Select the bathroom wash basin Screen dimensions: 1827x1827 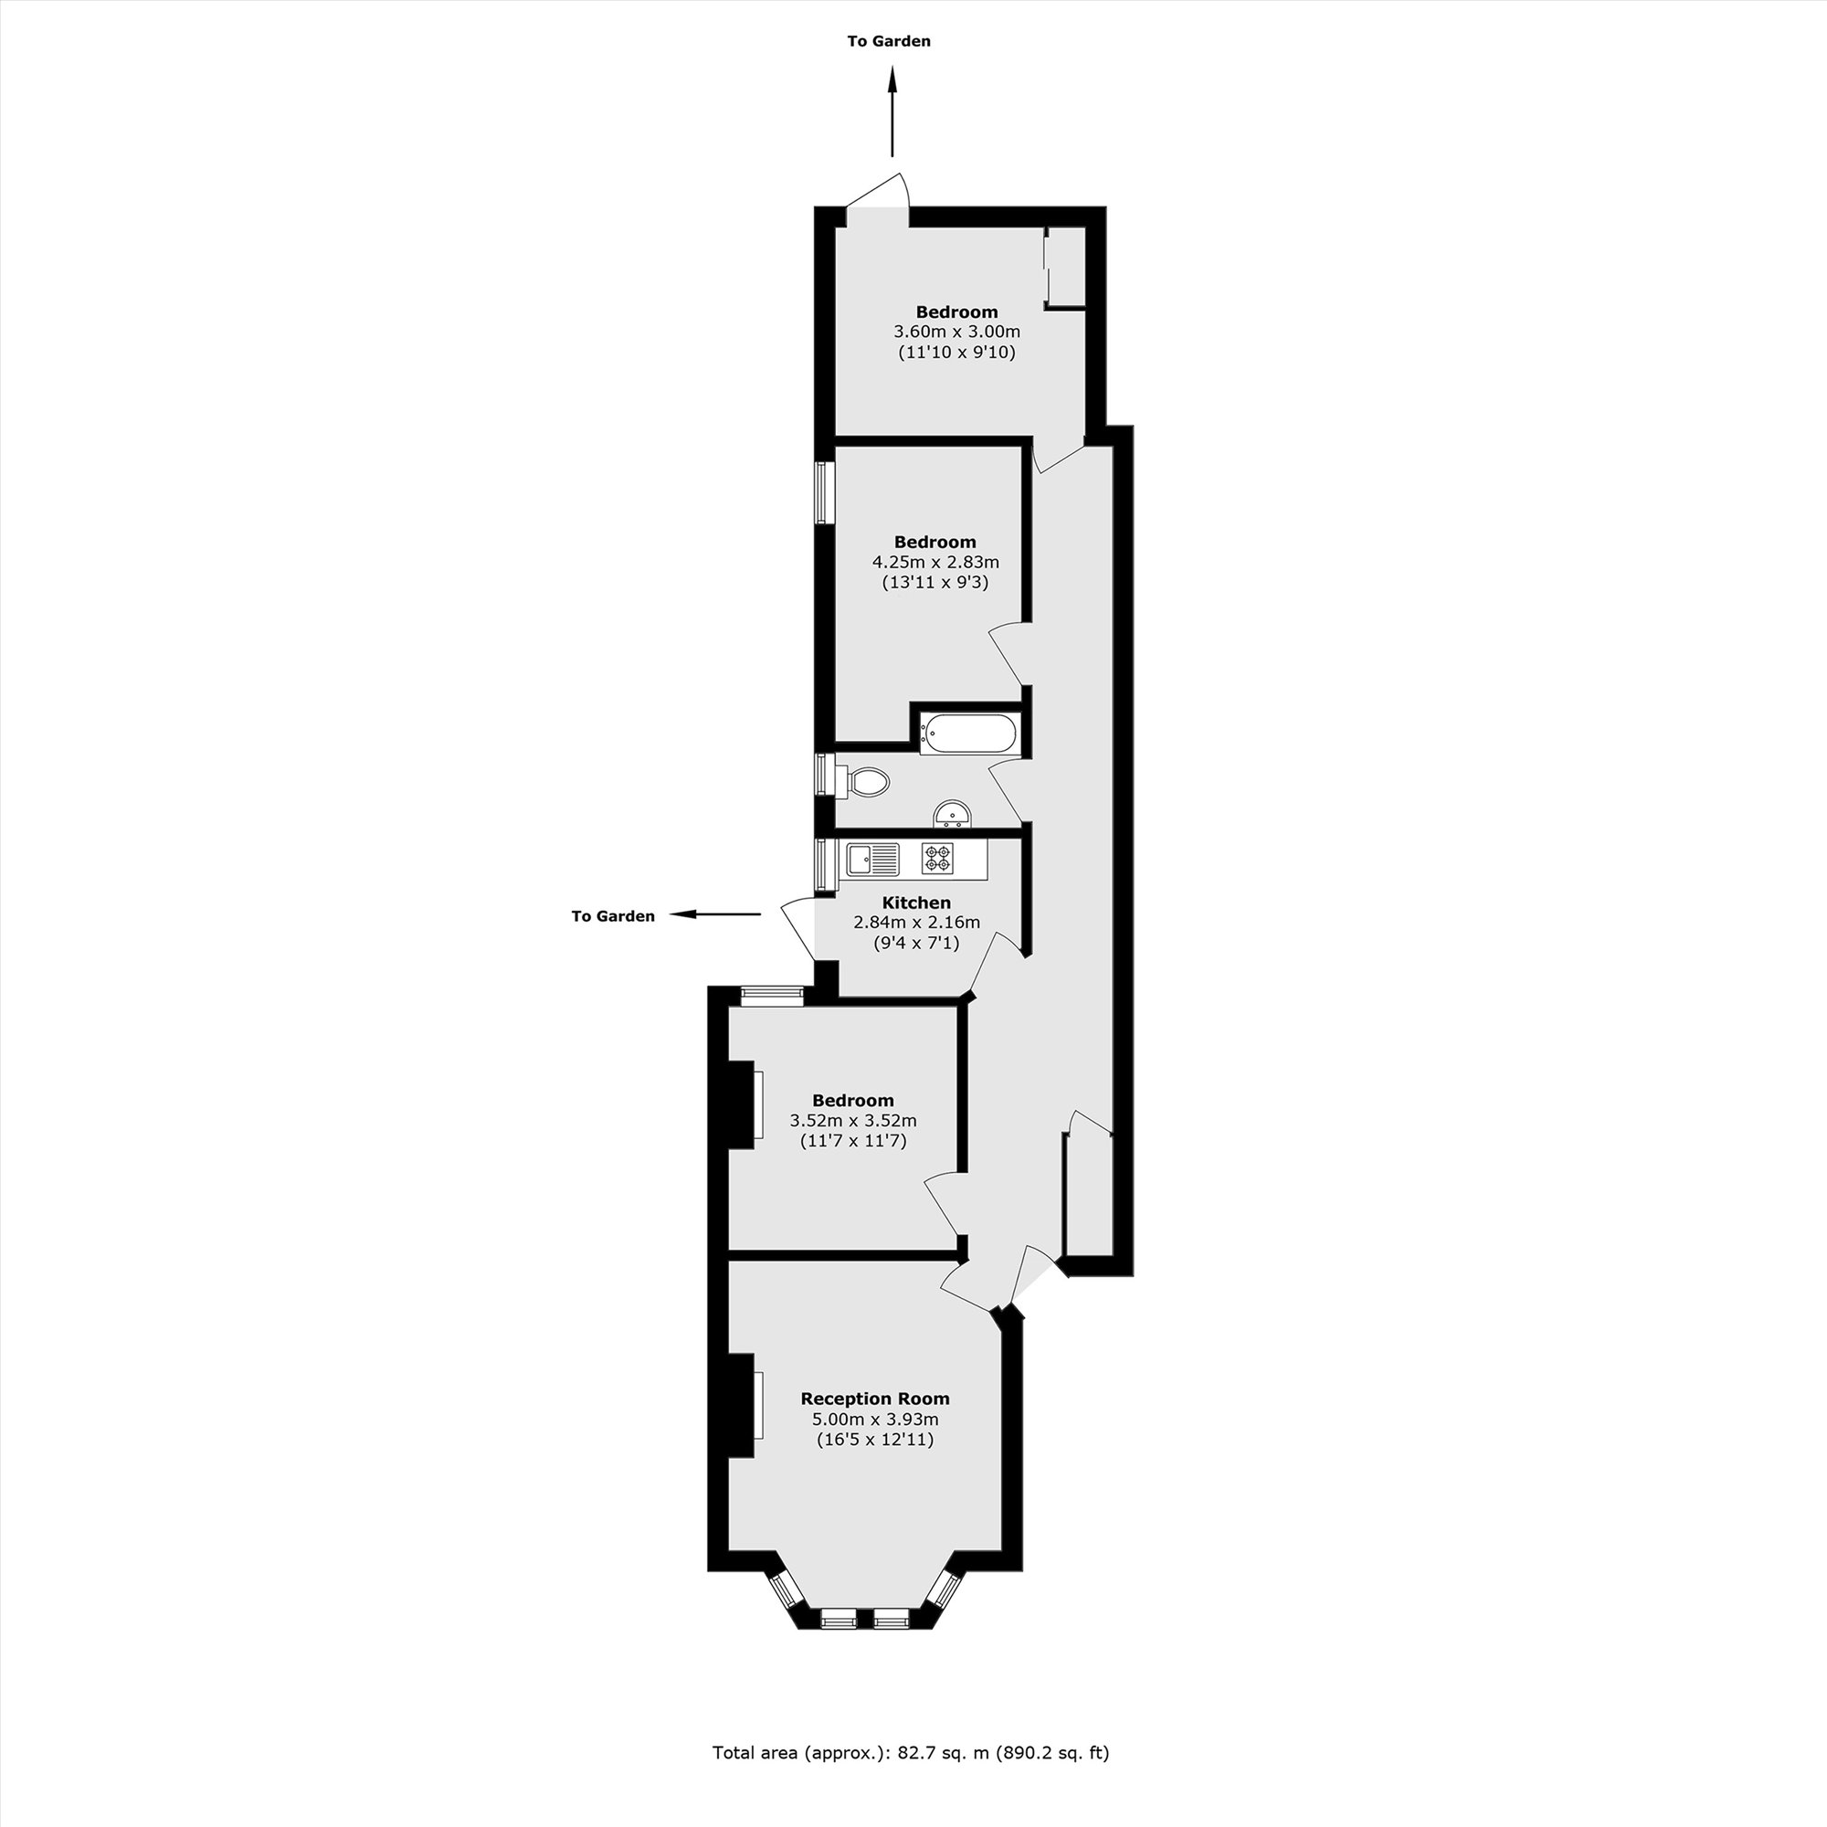coord(953,814)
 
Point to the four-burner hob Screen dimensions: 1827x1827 coord(937,858)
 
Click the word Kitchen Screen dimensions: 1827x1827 coord(916,903)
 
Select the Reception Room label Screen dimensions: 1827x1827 coord(875,1399)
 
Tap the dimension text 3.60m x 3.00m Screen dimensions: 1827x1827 coord(957,332)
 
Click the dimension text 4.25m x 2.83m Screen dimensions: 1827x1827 coord(935,562)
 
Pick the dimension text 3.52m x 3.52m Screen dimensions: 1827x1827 coord(853,1121)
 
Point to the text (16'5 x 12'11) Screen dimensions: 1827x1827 coord(875,1441)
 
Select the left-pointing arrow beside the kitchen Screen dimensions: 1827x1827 coord(716,914)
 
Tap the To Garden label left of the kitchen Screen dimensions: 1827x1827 coord(613,916)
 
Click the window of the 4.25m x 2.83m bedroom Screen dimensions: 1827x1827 coord(826,491)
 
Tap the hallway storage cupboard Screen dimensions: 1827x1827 coord(1086,1194)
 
